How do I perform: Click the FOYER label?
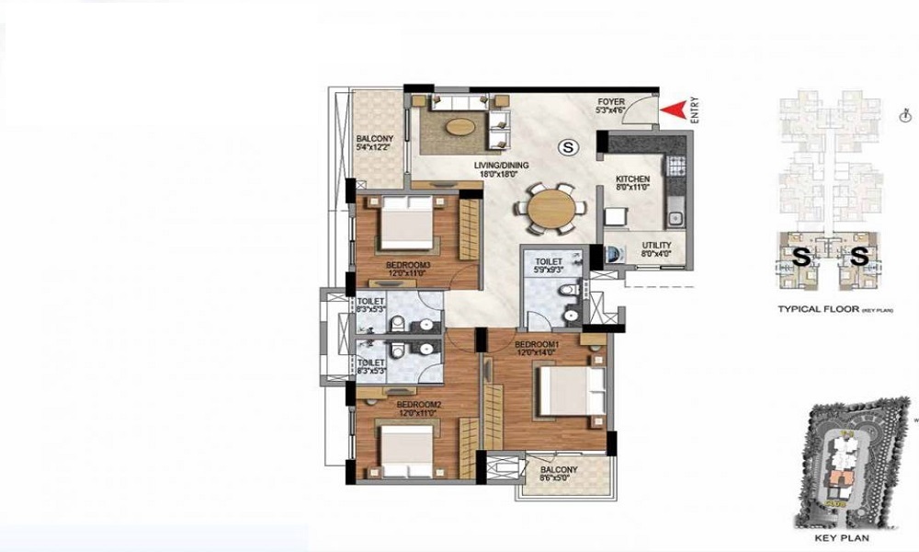612,106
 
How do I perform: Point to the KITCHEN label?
633,182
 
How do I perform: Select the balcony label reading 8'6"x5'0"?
558,474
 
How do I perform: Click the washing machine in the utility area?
613,255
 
